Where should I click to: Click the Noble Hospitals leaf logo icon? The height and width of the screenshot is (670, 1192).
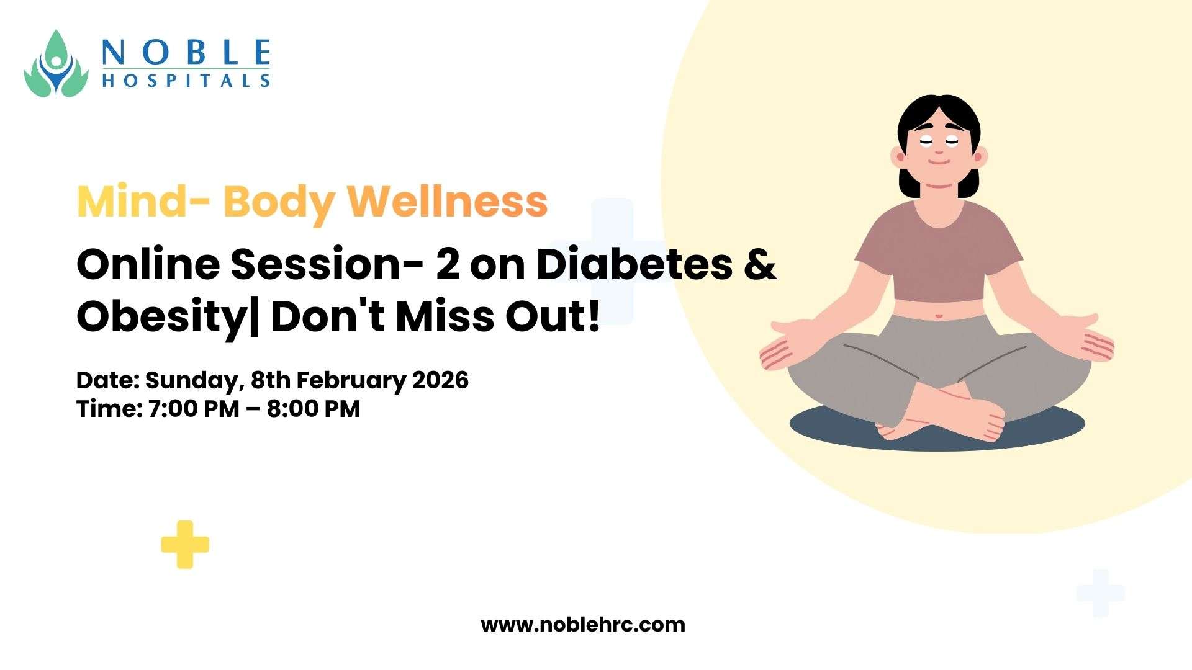56,63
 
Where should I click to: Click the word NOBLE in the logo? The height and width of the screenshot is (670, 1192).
186,52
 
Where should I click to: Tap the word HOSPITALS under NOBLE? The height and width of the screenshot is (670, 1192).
186,81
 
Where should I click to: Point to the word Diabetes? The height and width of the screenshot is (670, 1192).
634,264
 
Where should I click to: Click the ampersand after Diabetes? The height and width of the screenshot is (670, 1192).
760,264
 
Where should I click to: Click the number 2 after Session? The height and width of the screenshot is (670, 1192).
448,265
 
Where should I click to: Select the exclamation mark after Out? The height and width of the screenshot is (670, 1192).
594,316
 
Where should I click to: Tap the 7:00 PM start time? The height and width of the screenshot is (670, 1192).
194,409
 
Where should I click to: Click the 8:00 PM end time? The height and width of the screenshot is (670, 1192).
314,409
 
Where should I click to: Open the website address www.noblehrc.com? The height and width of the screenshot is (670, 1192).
583,624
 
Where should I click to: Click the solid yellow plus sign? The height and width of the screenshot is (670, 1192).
185,545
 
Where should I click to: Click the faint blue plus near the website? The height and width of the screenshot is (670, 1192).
1100,593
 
